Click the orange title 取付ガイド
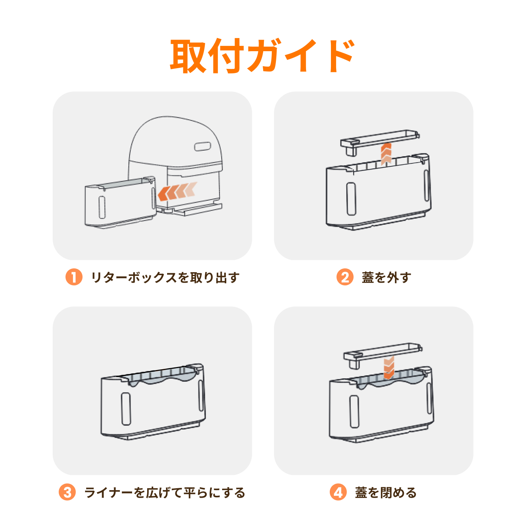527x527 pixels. coord(262,56)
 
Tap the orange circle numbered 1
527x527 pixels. coord(74,277)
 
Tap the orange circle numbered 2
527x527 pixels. coord(344,277)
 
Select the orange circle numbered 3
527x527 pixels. coord(67,492)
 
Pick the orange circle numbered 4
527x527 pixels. coord(338,492)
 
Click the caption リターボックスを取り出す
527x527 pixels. coord(165,277)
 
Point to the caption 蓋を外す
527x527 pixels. coord(387,277)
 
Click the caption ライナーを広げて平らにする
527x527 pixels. coord(165,492)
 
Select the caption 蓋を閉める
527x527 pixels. coord(385,492)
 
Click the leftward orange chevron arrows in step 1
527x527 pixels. coord(177,191)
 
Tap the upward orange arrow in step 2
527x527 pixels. coord(386,154)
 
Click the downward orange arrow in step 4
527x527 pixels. coord(388,367)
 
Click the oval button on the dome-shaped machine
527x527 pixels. coord(203,146)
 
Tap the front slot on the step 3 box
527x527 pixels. coord(126,409)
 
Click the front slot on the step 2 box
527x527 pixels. coord(351,198)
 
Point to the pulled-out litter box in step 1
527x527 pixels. coord(120,203)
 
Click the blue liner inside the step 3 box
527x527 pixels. coord(162,376)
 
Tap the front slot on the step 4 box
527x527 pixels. coord(354,411)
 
